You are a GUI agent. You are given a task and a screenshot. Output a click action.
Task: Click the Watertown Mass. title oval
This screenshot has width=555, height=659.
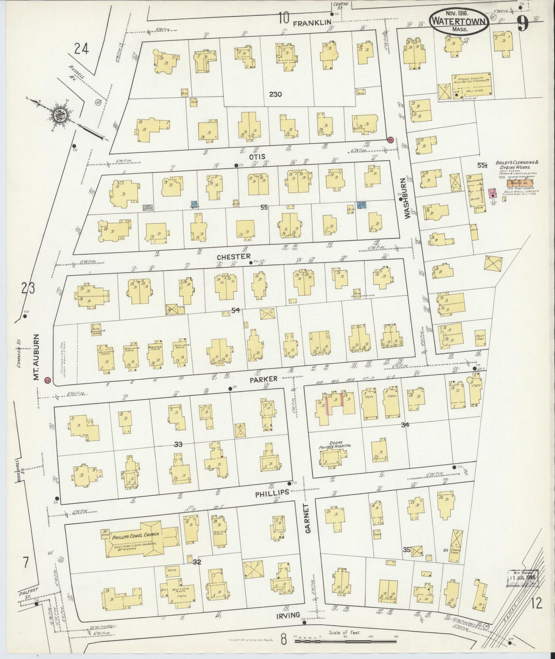[459, 22]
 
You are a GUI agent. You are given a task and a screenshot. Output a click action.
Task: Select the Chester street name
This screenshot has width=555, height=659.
[234, 256]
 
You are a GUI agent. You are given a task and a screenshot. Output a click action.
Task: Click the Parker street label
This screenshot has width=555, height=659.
[263, 379]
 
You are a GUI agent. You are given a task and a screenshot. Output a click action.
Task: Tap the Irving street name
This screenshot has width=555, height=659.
[288, 615]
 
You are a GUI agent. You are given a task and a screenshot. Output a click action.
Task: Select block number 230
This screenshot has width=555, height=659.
[276, 94]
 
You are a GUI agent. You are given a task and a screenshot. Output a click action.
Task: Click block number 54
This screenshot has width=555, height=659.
[235, 310]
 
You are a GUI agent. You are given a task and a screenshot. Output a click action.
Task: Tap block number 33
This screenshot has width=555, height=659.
[177, 444]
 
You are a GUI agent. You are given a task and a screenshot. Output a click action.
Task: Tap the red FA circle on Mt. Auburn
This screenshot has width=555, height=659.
[48, 380]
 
